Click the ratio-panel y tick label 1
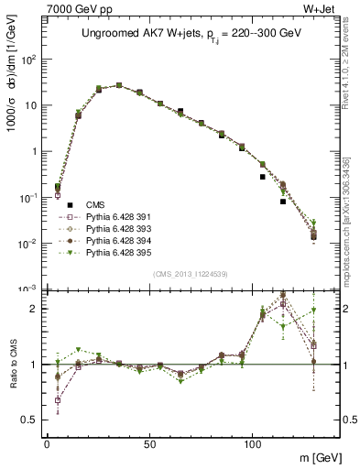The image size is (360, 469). (34, 365)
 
